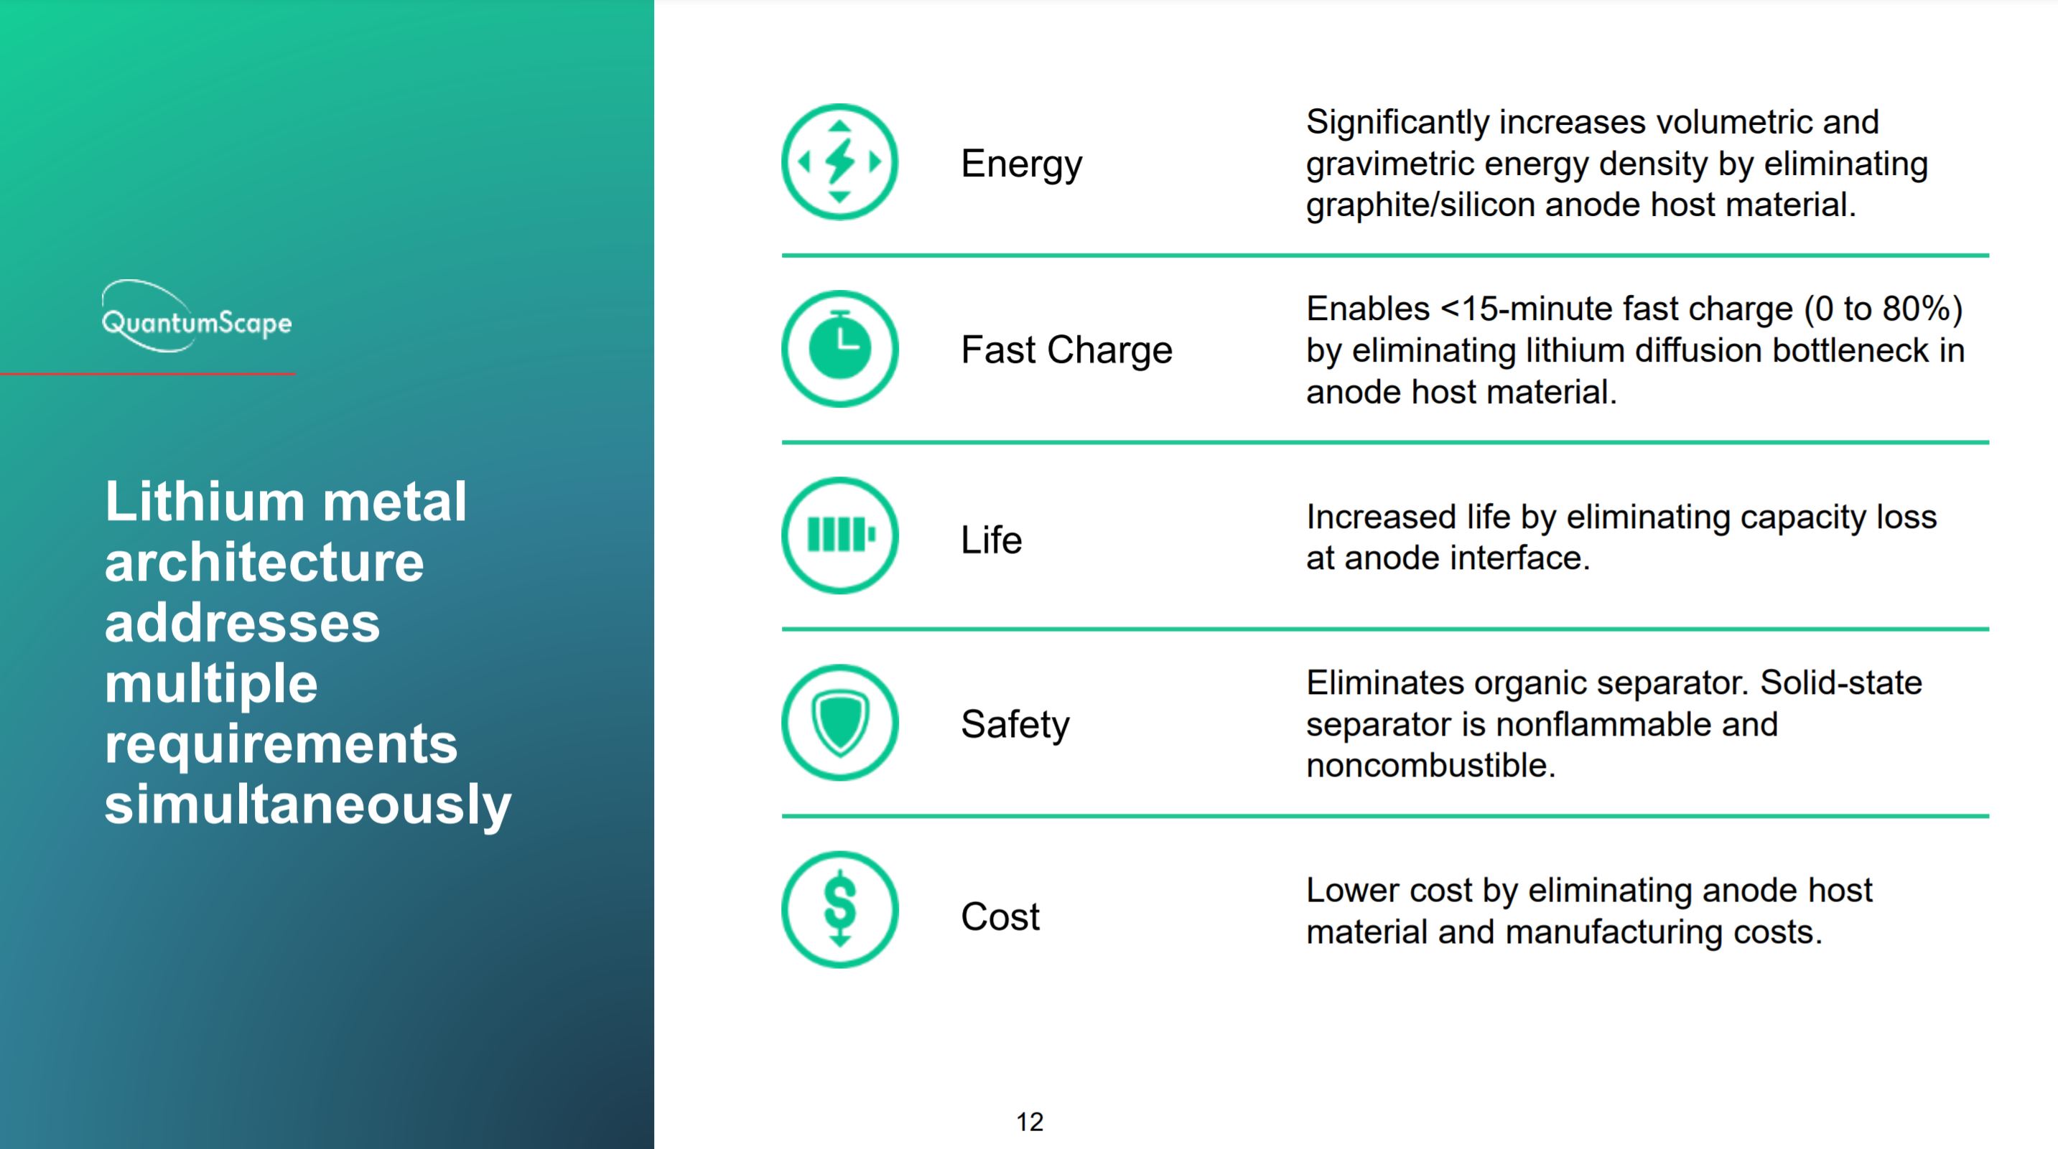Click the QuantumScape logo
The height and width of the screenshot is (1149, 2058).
197,317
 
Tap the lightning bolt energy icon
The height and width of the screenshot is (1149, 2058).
839,162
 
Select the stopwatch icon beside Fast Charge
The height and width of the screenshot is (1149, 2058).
839,349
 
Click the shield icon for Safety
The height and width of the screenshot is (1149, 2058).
839,723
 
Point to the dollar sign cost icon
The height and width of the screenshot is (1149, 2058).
839,909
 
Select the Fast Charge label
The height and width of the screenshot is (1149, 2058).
1066,350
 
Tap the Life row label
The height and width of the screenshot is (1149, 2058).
992,540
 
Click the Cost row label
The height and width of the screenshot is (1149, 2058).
1000,916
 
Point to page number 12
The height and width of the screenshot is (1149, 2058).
1030,1122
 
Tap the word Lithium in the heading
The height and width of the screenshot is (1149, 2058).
205,502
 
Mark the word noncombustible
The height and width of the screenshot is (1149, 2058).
1431,766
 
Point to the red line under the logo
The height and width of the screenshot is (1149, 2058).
148,374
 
